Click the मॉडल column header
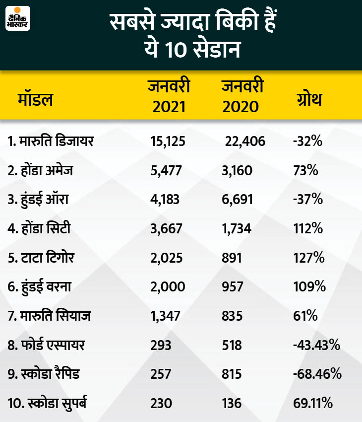pos(35,99)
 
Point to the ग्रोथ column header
pos(307,99)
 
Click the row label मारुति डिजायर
pos(51,142)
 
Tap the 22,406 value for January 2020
pos(245,142)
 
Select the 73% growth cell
pos(305,171)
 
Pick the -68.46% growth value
pos(316,373)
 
